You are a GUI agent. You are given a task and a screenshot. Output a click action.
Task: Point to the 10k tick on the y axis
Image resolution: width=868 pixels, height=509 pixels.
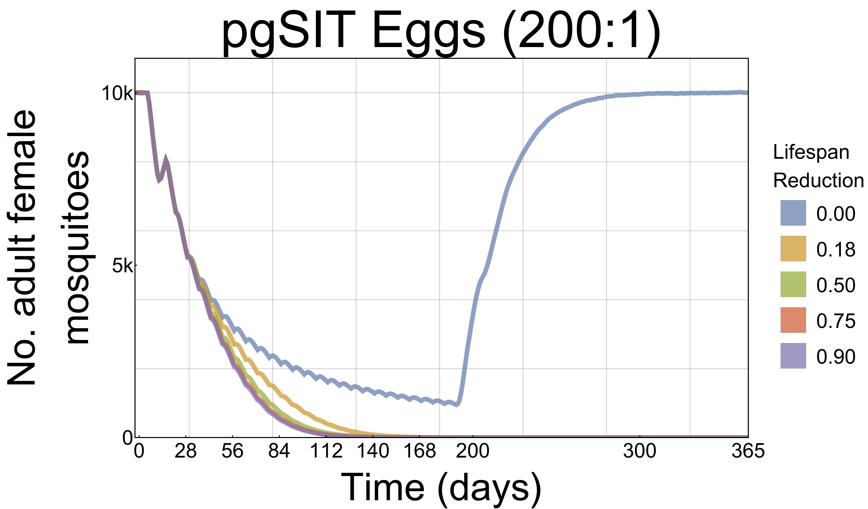116,94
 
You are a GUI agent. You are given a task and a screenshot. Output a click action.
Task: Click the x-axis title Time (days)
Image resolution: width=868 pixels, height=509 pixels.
441,488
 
